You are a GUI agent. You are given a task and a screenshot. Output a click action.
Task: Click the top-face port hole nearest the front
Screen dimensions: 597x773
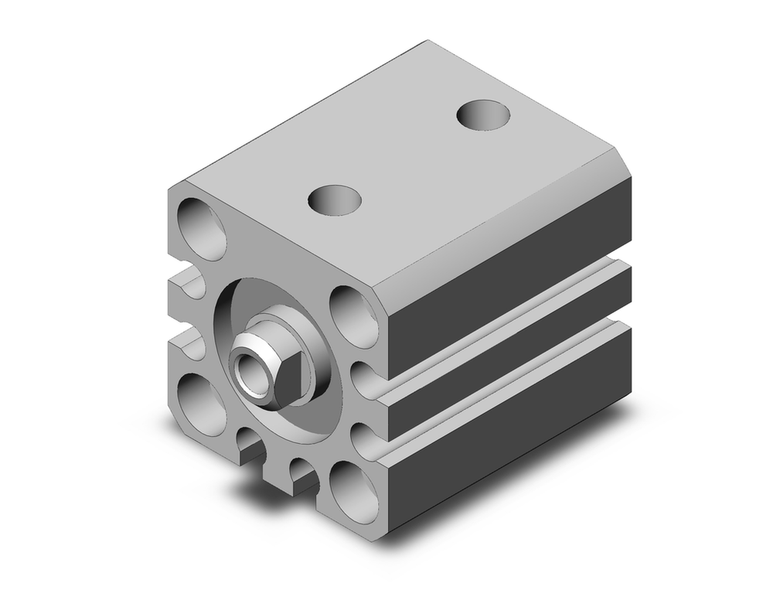pos(335,200)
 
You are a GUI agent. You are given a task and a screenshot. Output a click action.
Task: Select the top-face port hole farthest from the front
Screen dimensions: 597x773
pos(485,115)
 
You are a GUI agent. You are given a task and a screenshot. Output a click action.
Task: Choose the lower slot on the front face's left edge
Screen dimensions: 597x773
pos(186,340)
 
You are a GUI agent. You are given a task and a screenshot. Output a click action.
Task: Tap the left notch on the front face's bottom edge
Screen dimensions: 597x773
pos(249,449)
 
